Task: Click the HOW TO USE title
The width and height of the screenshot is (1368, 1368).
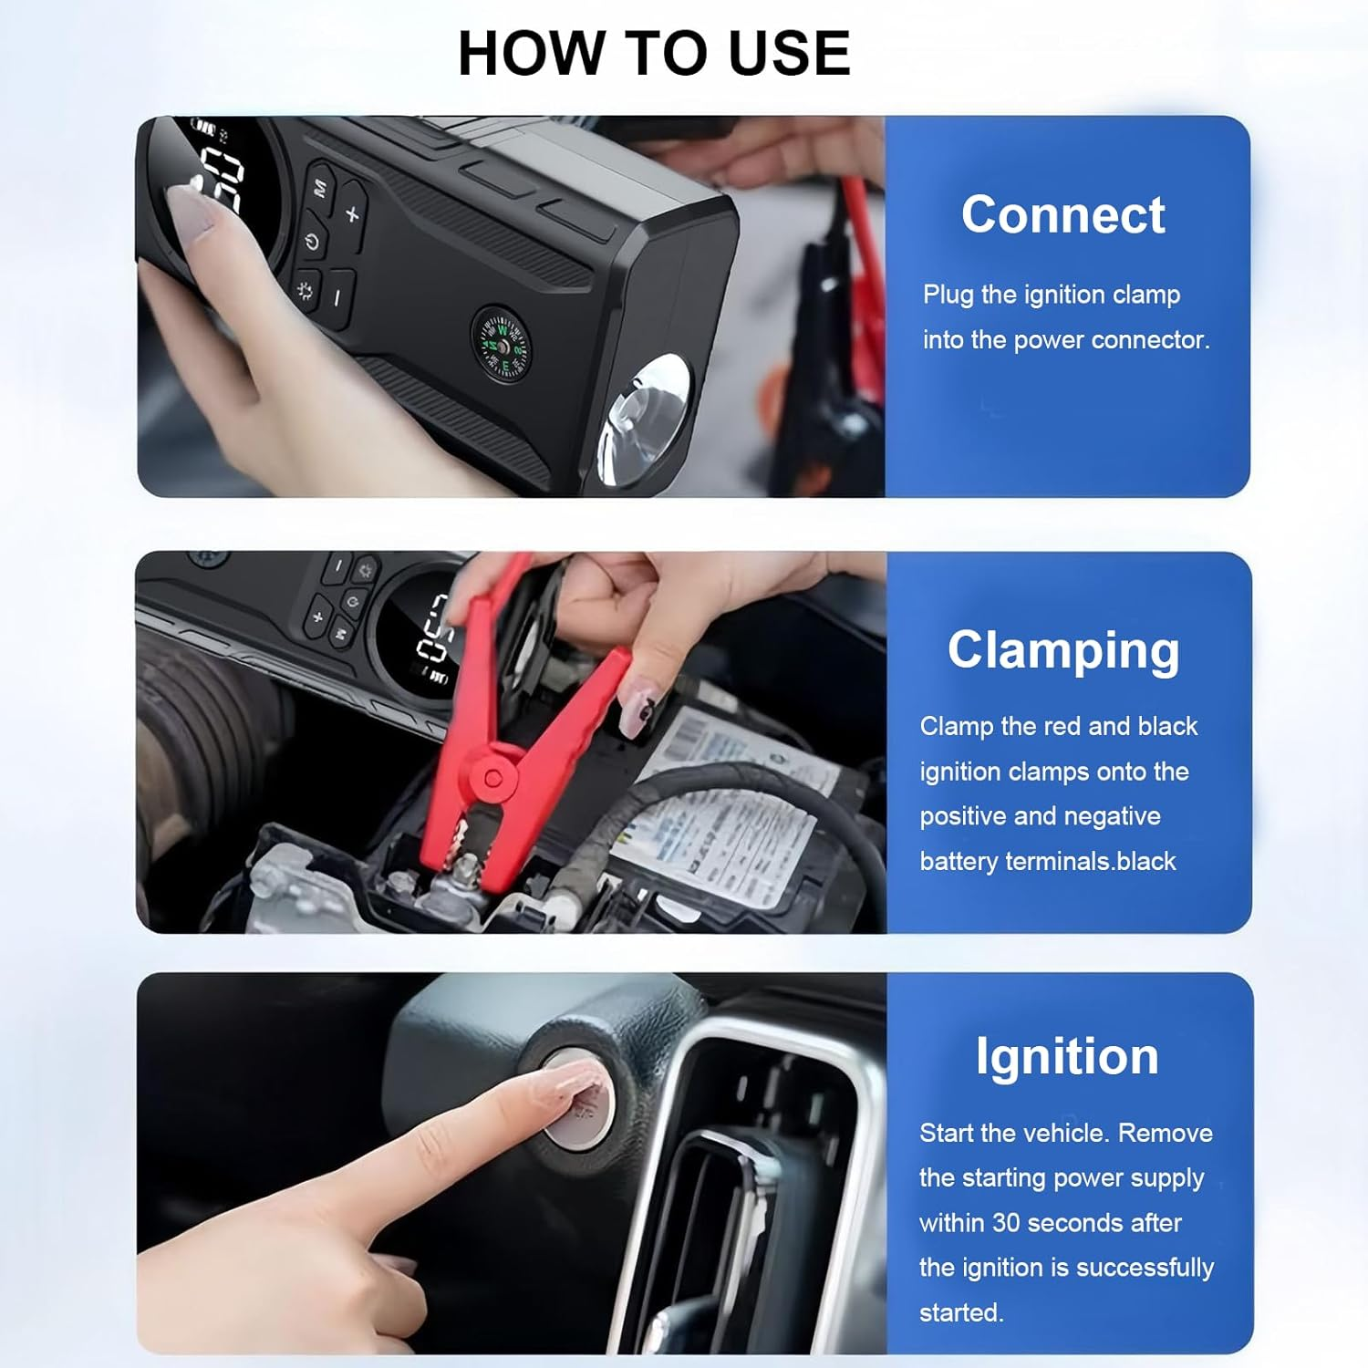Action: pos(653,53)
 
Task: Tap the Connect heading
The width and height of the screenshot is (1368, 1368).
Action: pos(1062,215)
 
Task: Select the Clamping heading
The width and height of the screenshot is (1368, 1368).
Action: pos(1063,650)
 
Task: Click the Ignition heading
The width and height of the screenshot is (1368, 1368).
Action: pos(1067,1057)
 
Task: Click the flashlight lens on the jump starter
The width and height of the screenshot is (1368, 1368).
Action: pos(644,414)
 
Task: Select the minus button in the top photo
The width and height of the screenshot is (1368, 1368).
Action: pos(337,297)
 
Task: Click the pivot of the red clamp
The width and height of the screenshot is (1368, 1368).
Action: pos(492,778)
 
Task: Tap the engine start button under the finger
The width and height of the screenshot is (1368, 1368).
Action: pos(578,1098)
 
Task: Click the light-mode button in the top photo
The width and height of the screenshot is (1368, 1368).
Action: pos(305,291)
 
